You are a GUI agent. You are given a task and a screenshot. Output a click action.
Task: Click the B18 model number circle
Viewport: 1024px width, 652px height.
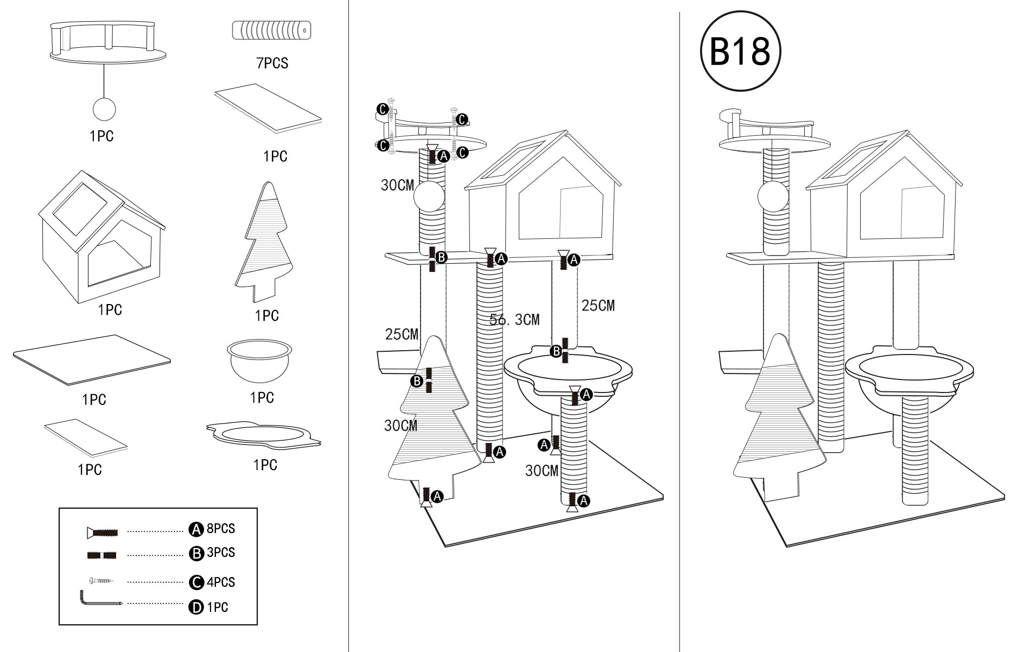tap(740, 51)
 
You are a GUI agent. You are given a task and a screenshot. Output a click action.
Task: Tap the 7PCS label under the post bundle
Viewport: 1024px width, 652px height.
tap(272, 63)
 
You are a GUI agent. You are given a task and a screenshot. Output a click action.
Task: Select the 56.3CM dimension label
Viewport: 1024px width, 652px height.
tap(514, 320)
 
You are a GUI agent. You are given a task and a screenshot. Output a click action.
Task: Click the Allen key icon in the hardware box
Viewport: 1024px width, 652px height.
tap(100, 599)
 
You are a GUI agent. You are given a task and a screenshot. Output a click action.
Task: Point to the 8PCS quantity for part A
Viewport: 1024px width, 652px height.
tap(221, 528)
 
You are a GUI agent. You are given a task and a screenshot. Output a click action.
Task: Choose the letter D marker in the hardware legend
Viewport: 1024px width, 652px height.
tap(195, 607)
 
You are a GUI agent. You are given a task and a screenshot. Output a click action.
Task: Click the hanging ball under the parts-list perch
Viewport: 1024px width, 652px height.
tap(104, 109)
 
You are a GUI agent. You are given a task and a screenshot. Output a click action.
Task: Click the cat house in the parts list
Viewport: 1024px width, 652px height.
tap(102, 239)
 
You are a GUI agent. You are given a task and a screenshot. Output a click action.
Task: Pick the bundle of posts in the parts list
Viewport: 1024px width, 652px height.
tap(271, 30)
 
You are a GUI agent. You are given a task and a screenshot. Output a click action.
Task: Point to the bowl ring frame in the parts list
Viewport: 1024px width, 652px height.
tap(264, 435)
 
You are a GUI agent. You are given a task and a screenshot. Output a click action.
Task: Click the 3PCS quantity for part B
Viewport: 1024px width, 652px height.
tap(221, 553)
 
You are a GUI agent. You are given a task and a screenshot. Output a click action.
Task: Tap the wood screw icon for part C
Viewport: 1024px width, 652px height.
tap(101, 581)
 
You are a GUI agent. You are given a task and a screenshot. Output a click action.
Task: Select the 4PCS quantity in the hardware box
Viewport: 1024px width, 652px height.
tap(221, 582)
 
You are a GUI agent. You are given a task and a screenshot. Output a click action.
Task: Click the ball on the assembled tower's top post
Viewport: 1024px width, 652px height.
tap(773, 197)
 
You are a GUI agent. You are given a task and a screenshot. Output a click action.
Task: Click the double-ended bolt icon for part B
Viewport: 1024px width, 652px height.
tap(101, 555)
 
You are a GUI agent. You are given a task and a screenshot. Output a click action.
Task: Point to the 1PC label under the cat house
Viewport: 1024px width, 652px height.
tap(110, 310)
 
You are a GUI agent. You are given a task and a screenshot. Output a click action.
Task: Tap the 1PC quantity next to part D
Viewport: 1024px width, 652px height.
tap(218, 607)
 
